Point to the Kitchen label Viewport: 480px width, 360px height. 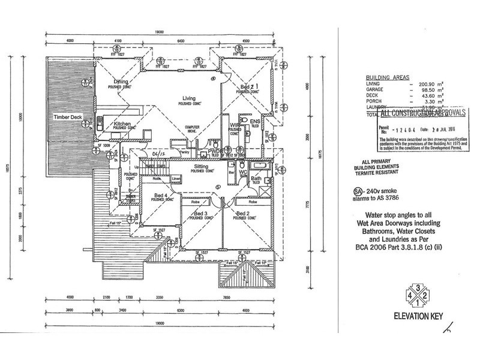tap(122, 124)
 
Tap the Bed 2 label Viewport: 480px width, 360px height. tap(243, 214)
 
